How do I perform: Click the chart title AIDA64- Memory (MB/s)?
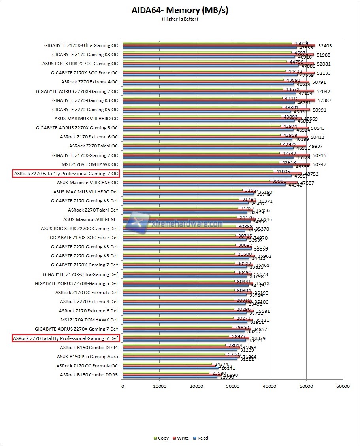point(180,10)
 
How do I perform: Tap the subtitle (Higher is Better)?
point(180,19)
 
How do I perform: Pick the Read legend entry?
point(202,438)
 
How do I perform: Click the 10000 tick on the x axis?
point(159,386)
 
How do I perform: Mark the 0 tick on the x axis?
point(123,386)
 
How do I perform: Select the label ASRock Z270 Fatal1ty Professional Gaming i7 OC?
point(66,174)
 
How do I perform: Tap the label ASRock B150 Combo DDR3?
point(89,375)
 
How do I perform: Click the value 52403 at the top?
point(324,46)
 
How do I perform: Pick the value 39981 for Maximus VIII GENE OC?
point(279,181)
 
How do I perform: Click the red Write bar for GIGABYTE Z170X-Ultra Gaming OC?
point(219,46)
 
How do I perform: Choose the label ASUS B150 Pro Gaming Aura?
point(87,357)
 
